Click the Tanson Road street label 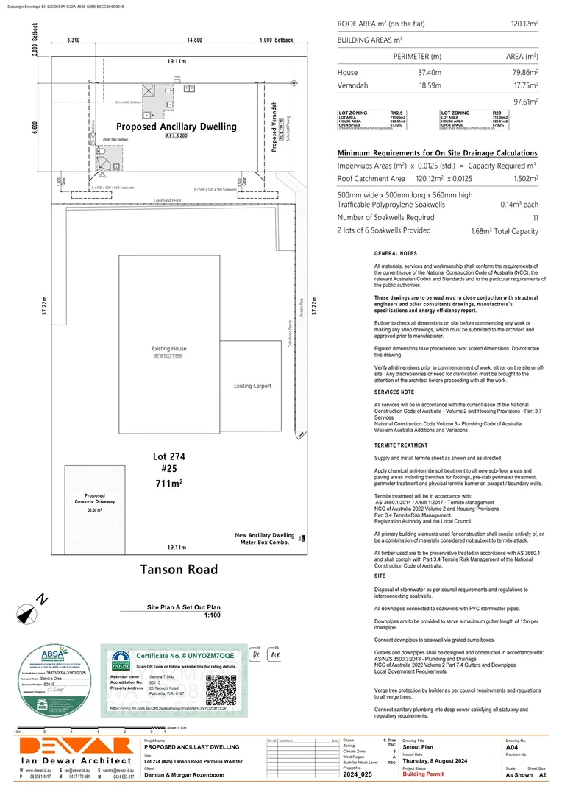click(179, 569)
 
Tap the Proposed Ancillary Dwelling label click(176, 127)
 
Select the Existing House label click(169, 348)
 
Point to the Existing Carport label click(252, 386)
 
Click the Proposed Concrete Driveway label click(94, 499)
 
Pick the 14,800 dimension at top click(194, 40)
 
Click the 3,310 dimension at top click(73, 40)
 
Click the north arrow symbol click(27, 612)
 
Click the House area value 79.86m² click(522, 73)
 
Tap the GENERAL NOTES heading click(395, 253)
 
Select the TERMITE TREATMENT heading click(401, 446)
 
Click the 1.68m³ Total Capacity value click(505, 230)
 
